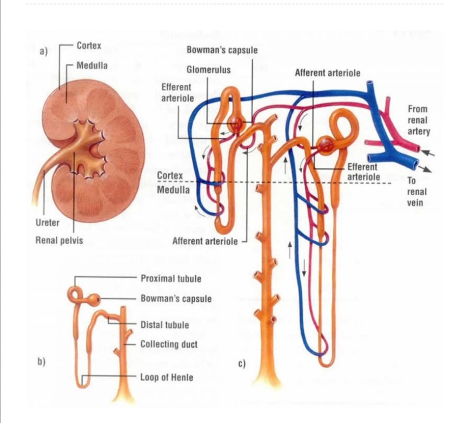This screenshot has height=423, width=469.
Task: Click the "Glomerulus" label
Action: coord(208,69)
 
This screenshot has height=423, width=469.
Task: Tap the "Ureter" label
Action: coord(47,223)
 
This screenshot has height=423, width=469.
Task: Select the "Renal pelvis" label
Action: coord(58,240)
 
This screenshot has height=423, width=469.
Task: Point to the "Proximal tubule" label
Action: coord(170,278)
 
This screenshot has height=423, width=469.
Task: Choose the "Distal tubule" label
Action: coord(165,325)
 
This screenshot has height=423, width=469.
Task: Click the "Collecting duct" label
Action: coord(169,344)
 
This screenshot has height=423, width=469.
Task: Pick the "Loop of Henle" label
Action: coord(166,377)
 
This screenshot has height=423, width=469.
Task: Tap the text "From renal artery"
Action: coord(418,120)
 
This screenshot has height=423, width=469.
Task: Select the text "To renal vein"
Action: coord(416,191)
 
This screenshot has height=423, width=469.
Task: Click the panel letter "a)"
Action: coord(43,51)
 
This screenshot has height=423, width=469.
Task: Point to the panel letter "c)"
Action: coord(241,364)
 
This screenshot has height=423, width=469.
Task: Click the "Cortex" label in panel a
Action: coord(89,46)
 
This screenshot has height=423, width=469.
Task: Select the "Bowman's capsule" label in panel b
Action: coord(176,299)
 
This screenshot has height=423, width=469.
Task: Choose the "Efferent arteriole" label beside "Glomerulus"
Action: coord(177,92)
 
